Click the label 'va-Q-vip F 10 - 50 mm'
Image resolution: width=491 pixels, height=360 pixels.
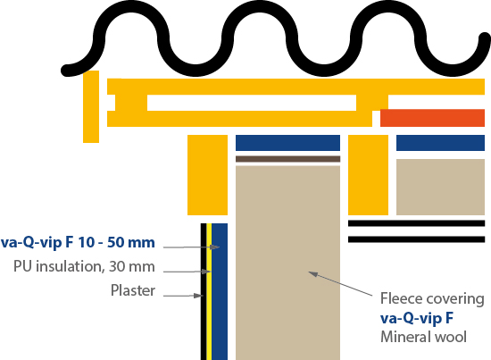coord(78,242)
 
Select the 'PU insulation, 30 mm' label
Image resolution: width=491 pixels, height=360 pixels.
coord(84,266)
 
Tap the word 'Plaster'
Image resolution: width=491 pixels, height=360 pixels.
coord(133,290)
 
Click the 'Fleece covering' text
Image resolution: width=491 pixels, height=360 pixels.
coord(432,298)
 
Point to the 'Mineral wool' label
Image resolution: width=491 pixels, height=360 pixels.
coord(423,337)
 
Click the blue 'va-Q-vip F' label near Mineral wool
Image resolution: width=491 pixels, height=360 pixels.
coord(417,318)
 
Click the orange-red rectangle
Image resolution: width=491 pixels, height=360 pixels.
coord(432,118)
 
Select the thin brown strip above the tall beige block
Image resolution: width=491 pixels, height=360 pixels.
coord(287,159)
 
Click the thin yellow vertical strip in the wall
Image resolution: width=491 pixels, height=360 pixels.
coord(209,292)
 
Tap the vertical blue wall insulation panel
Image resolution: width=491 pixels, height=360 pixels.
coord(220,292)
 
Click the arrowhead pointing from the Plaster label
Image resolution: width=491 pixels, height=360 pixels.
coord(199,296)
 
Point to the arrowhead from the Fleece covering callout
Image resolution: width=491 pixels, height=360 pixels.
coord(312,274)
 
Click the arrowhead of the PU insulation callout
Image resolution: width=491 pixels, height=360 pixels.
coord(207,272)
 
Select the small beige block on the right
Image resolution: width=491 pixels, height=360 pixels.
coord(441,187)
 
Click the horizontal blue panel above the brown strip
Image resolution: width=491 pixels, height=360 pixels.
coord(287,143)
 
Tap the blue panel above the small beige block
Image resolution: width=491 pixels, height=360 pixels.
coord(441,143)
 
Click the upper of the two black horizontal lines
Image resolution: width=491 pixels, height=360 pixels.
coord(417,223)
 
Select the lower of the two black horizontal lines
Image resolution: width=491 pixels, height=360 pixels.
coord(417,239)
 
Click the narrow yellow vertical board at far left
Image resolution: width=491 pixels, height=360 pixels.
coord(91,106)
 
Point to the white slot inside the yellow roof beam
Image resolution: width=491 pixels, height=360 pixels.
coord(252,103)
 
